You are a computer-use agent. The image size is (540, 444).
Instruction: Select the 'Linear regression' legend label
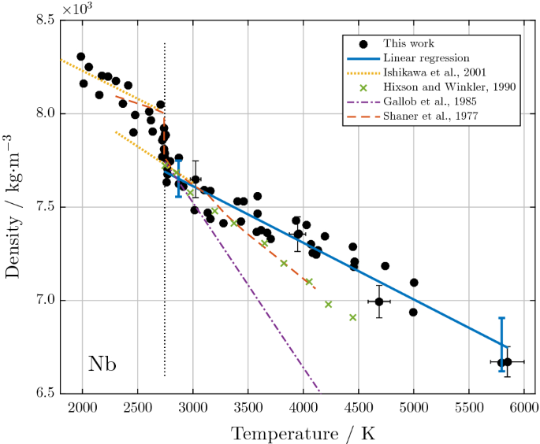point(426,58)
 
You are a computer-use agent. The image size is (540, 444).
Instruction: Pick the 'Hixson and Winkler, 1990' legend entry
point(439,87)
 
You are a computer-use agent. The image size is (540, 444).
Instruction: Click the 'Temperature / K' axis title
point(303,432)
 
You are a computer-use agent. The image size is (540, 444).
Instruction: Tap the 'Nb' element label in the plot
point(102,363)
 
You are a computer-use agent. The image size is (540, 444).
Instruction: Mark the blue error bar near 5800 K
point(501,344)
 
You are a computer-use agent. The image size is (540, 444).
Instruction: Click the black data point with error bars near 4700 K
point(379,302)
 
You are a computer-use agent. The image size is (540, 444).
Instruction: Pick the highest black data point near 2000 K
point(81,57)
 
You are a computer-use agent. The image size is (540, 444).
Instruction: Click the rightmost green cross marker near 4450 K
point(353,317)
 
